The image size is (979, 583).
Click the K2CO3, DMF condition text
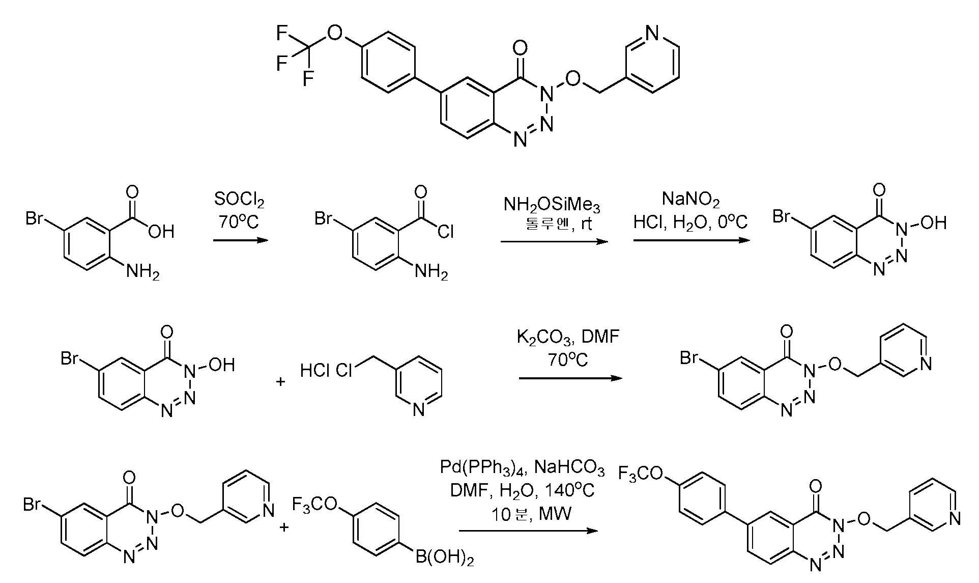568,338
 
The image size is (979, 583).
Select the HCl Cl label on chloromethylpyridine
326,370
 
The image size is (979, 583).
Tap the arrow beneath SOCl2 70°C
240,240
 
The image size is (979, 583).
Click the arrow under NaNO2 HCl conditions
692,240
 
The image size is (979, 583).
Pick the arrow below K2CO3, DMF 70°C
570,379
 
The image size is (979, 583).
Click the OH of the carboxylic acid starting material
161,232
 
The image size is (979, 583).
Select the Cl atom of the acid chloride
446,232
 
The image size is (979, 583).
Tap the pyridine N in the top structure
652,34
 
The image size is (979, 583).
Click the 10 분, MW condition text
531,514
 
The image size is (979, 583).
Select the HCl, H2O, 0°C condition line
690,223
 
